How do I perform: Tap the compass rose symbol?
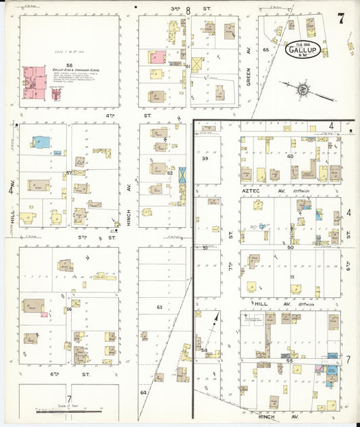tap(303, 89)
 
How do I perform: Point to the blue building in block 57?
tap(40, 142)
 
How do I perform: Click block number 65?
tap(266, 50)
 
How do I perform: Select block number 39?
tap(205, 158)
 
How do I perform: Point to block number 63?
tap(159, 307)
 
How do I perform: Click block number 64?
tap(143, 392)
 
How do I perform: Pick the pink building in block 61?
tap(158, 58)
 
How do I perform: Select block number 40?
tap(290, 156)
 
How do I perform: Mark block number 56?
tap(69, 309)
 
